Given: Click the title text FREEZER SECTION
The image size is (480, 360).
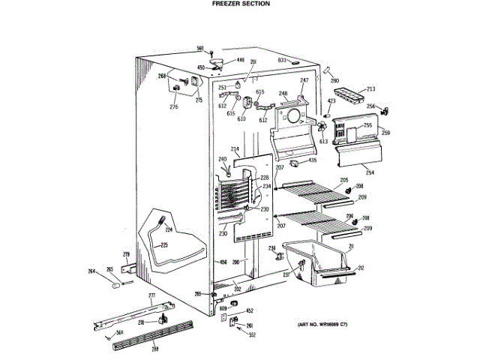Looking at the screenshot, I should click(x=239, y=4).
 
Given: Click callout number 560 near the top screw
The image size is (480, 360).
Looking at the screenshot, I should click(x=200, y=48).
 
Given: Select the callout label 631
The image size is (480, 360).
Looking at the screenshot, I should click(x=283, y=59).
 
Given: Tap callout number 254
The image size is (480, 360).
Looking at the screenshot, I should click(x=370, y=172).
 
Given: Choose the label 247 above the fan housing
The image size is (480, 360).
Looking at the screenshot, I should click(x=304, y=80).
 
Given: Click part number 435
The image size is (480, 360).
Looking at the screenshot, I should click(x=313, y=160).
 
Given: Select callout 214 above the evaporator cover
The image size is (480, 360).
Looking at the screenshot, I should click(x=234, y=149).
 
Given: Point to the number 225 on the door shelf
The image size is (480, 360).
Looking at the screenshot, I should click(x=164, y=245).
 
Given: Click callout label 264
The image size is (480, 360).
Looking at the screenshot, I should click(x=91, y=271).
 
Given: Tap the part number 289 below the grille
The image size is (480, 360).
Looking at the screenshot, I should click(x=154, y=349).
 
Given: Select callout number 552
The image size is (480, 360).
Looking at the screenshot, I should click(x=253, y=334).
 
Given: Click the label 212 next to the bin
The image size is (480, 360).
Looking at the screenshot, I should click(x=361, y=268).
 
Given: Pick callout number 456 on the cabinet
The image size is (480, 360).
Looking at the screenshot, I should click(x=222, y=262).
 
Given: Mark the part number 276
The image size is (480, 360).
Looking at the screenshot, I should click(x=173, y=106).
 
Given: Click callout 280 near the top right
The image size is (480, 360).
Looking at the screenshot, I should click(x=334, y=80).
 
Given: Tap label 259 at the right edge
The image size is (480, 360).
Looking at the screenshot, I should click(x=385, y=133).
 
